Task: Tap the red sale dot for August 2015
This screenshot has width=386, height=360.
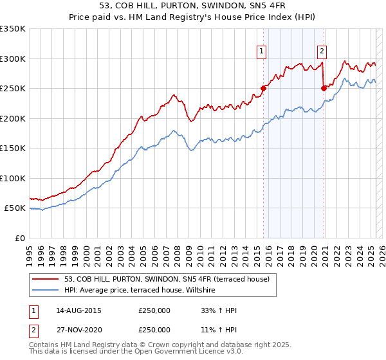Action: click(x=263, y=89)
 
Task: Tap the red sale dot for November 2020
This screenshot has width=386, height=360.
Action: click(x=324, y=89)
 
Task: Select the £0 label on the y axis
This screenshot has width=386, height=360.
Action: click(x=19, y=238)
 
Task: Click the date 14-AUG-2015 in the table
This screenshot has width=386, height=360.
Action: click(x=78, y=311)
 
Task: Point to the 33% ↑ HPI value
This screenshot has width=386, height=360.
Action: click(x=219, y=311)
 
